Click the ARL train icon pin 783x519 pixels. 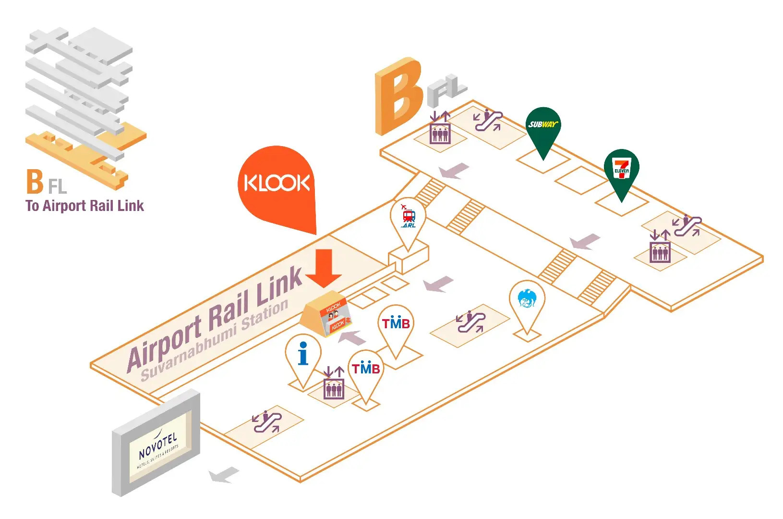[408, 219]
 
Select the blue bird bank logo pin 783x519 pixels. [527, 300]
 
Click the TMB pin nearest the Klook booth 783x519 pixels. [396, 325]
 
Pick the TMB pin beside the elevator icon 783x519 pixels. [366, 370]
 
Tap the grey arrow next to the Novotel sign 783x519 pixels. [224, 475]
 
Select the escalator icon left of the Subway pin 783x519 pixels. [488, 120]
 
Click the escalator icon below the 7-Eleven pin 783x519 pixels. [687, 226]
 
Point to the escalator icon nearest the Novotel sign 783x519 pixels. [267, 422]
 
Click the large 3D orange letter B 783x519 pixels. [398, 96]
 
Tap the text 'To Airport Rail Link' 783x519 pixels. [84, 206]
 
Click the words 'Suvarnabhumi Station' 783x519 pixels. [215, 340]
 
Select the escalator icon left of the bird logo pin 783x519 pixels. [471, 321]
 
